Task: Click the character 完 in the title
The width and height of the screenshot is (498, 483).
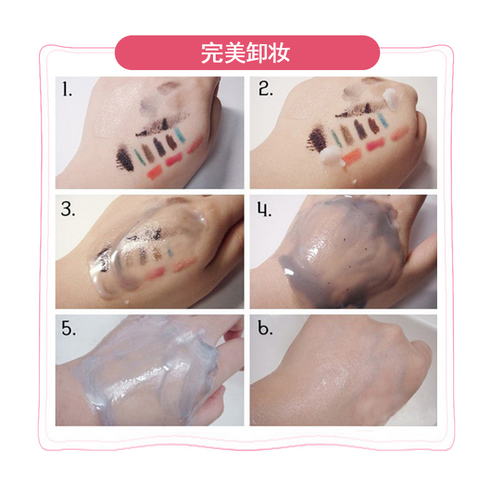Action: click(x=212, y=53)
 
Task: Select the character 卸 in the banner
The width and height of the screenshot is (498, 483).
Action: click(x=257, y=53)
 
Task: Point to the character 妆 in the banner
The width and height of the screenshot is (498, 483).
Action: click(x=279, y=53)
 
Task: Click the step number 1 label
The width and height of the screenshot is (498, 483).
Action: click(x=67, y=89)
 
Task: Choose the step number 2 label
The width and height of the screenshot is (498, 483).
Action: click(x=265, y=89)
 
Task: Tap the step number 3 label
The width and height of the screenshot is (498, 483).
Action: click(x=67, y=209)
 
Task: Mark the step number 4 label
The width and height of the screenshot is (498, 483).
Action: click(x=264, y=209)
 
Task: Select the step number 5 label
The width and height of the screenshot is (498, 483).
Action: click(x=69, y=328)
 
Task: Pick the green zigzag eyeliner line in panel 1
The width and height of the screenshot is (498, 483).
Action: click(x=139, y=156)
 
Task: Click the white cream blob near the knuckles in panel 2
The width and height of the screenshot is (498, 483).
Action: click(x=390, y=99)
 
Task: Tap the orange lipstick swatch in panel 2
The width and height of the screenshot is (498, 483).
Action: click(x=352, y=157)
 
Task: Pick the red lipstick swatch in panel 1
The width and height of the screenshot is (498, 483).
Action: click(x=173, y=158)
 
